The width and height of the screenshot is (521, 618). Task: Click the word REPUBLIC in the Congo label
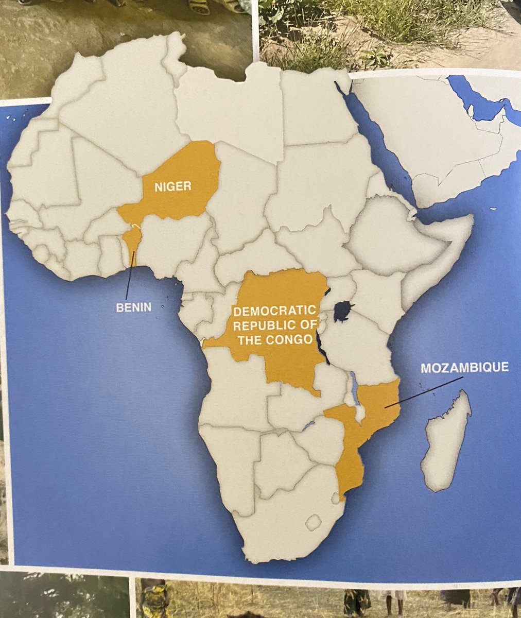[260, 325]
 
